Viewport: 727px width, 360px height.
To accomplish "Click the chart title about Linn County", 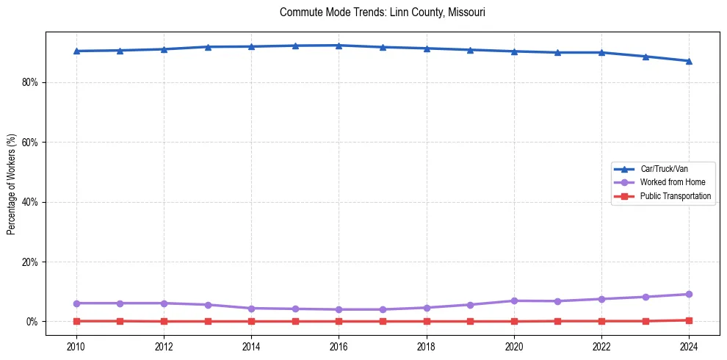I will pyautogui.click(x=382, y=12).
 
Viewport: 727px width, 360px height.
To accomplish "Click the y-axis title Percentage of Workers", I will pyautogui.click(x=12, y=184).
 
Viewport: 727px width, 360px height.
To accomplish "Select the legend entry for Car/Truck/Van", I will pyautogui.click(x=664, y=169).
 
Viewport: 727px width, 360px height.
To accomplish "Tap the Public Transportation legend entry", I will pyautogui.click(x=675, y=196).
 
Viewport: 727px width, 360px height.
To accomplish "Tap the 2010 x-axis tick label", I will pyautogui.click(x=76, y=346).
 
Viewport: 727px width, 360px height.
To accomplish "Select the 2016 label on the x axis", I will pyautogui.click(x=339, y=346).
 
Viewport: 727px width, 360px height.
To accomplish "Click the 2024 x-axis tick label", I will pyautogui.click(x=689, y=346).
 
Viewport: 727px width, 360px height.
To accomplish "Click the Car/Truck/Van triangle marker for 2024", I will pyautogui.click(x=689, y=61).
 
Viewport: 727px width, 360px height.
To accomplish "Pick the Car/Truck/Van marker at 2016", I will pyautogui.click(x=339, y=46).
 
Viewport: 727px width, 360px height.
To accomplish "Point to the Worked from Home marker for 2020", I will pyautogui.click(x=514, y=300).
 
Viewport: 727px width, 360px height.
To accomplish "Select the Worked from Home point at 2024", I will pyautogui.click(x=689, y=294).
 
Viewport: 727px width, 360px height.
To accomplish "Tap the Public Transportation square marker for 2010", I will pyautogui.click(x=76, y=321).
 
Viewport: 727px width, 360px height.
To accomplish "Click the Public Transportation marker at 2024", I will pyautogui.click(x=689, y=320).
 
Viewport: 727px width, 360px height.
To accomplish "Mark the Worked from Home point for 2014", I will pyautogui.click(x=251, y=308).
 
